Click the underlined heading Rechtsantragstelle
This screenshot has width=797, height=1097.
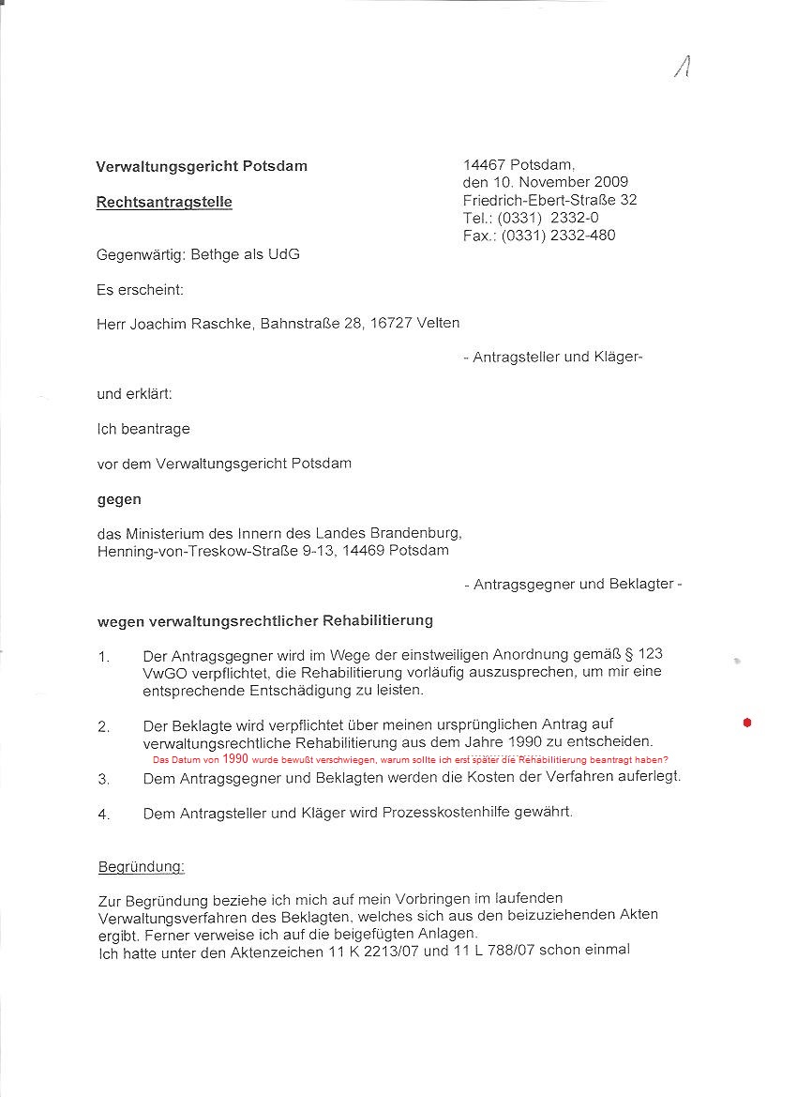164,202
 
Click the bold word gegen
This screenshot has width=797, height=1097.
119,500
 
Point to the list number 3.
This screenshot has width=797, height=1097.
104,778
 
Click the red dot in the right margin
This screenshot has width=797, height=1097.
747,723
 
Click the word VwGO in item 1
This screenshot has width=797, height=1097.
162,672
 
